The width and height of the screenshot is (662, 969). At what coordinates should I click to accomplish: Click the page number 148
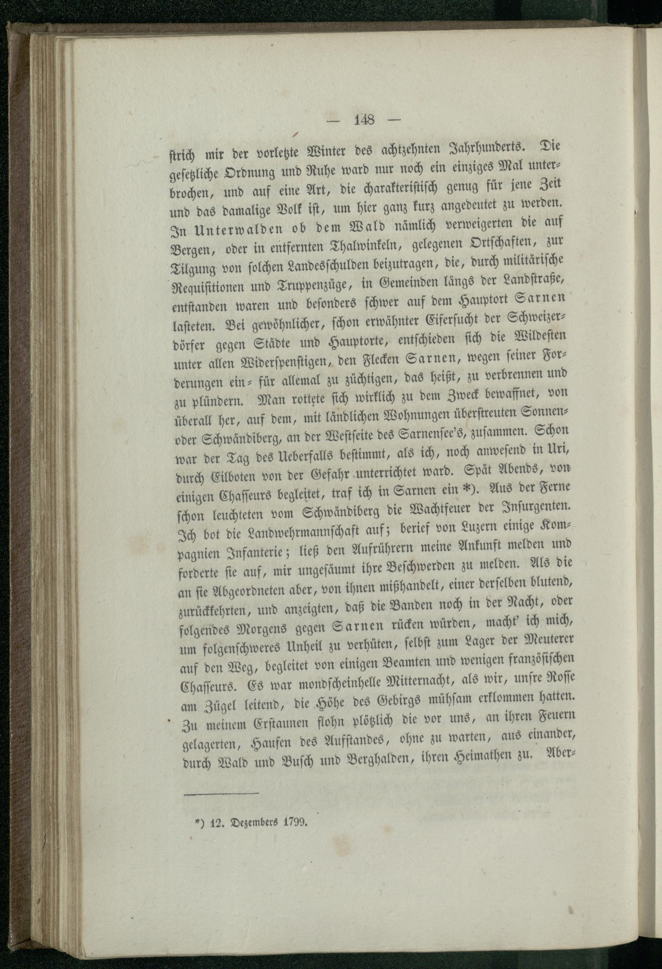[x=364, y=121]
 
